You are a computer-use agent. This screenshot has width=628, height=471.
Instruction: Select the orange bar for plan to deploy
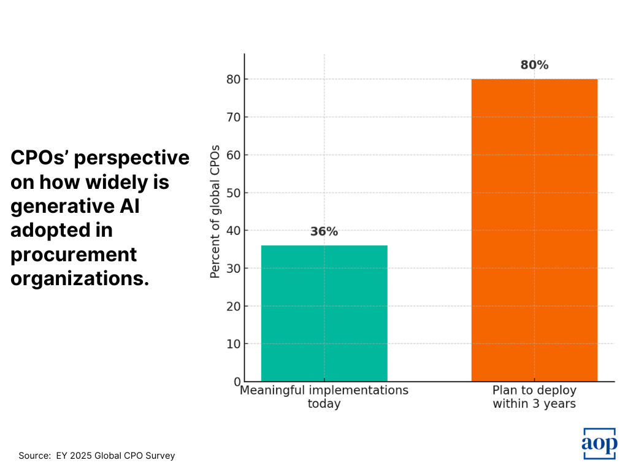[x=534, y=230]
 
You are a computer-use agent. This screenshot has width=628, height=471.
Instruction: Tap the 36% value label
[x=324, y=232]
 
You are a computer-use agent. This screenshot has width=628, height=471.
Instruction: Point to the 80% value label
[x=534, y=65]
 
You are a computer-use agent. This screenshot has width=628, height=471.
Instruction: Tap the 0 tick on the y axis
[x=237, y=382]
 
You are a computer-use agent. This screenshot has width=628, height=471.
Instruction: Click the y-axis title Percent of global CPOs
[x=215, y=212]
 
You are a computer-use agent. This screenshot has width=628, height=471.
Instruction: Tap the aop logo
[x=599, y=443]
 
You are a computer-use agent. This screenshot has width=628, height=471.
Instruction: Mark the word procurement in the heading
[x=74, y=254]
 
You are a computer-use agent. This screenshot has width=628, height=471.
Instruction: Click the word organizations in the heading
[x=80, y=278]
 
